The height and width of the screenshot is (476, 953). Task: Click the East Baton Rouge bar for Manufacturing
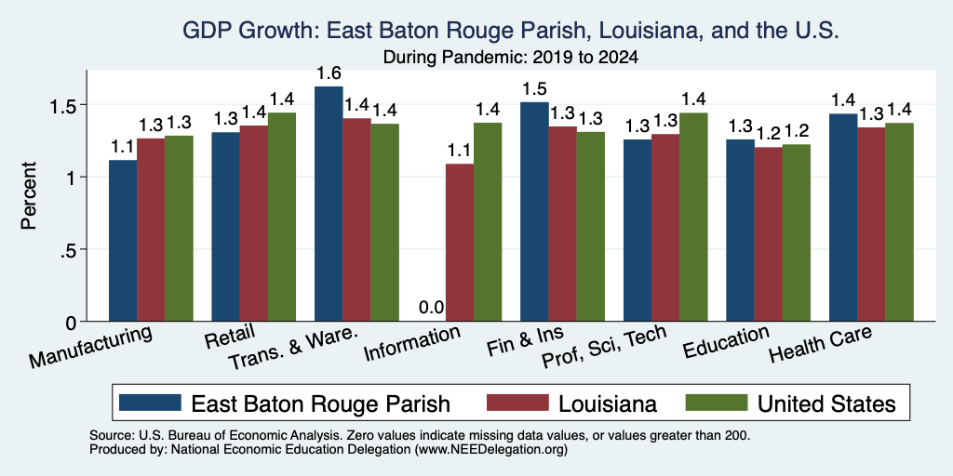(123, 241)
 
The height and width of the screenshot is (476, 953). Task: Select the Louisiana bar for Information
(460, 243)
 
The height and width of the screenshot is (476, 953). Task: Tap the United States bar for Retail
(282, 217)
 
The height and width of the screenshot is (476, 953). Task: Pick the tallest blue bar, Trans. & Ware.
(329, 204)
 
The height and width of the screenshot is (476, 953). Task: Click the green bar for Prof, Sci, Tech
(693, 217)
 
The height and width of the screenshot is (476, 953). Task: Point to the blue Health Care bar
(843, 218)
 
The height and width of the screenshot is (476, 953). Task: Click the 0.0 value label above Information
(432, 307)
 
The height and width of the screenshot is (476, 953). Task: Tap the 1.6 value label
(329, 73)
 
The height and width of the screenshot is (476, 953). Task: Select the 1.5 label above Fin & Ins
(534, 88)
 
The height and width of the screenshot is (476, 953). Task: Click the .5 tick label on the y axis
(68, 249)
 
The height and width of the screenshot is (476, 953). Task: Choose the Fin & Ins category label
(525, 342)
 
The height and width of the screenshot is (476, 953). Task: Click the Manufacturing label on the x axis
(90, 347)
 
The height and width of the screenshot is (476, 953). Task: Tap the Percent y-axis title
(29, 195)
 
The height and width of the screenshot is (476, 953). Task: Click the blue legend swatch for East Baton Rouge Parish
(150, 403)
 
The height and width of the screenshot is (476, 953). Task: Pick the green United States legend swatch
(716, 403)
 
